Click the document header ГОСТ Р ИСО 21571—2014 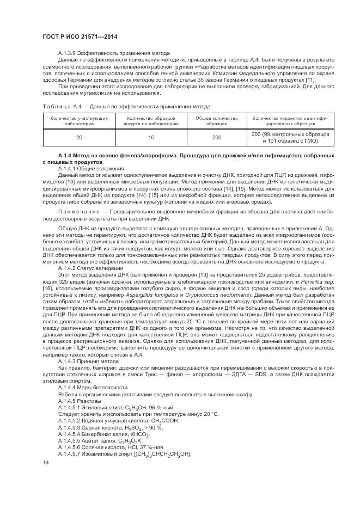80,37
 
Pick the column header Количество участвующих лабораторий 79,120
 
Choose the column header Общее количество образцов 216,120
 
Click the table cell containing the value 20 79,137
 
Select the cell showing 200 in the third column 216,137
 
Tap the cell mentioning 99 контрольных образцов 290,134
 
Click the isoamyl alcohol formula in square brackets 152,455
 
